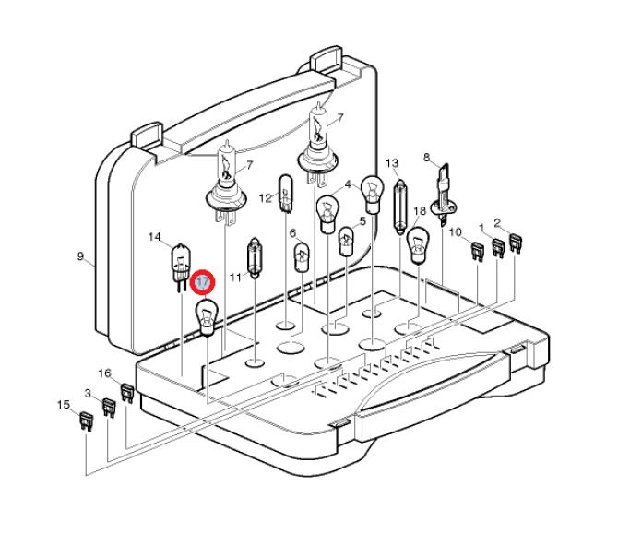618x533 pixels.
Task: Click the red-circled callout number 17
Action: (203, 282)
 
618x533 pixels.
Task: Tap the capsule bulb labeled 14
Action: (180, 266)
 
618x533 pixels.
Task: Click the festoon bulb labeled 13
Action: (401, 207)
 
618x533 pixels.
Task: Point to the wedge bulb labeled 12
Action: (286, 193)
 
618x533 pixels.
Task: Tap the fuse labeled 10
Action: (478, 252)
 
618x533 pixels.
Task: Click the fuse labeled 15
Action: (86, 421)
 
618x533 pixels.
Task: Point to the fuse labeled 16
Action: (127, 393)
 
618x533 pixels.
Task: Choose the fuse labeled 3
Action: (109, 408)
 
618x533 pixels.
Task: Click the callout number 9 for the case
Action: (80, 256)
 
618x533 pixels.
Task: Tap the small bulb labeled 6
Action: (302, 257)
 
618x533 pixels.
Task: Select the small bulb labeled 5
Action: (346, 241)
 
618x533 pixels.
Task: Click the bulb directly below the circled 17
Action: (208, 317)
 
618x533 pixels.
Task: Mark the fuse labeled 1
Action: (498, 248)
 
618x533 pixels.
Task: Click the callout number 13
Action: (392, 163)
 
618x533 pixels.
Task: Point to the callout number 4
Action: (348, 184)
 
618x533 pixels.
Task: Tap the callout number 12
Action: (266, 198)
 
